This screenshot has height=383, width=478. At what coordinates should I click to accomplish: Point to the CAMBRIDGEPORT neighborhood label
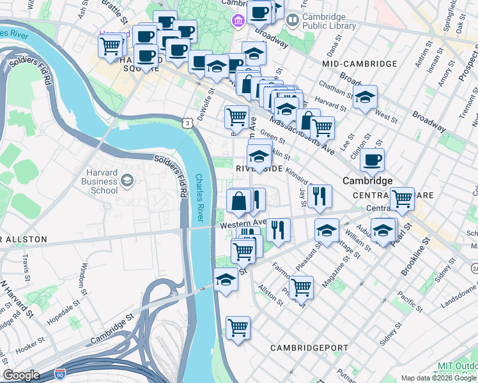(307, 348)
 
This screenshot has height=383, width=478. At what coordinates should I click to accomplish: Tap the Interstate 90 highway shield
(60, 372)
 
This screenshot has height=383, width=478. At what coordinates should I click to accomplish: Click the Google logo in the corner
(22, 375)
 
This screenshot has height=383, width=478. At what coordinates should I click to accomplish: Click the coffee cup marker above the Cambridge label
(372, 160)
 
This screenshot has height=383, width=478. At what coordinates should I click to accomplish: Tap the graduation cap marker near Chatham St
(366, 98)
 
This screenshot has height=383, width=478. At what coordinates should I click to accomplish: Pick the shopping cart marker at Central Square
(402, 199)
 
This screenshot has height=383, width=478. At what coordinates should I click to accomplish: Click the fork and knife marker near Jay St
(320, 195)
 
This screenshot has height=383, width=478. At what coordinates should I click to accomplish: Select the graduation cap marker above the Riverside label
(259, 156)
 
